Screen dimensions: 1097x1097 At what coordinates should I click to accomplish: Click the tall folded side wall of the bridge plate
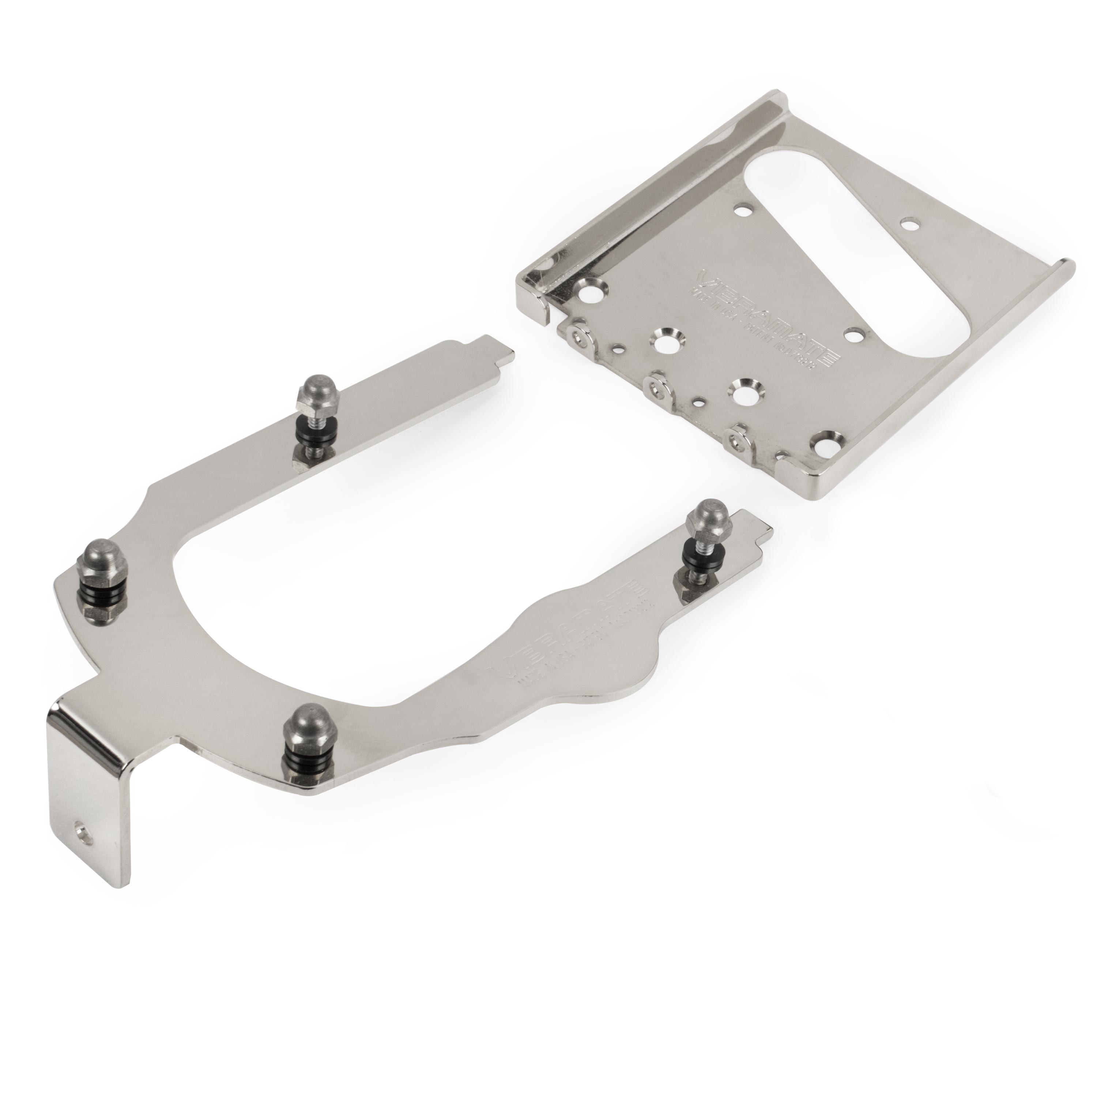653,187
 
